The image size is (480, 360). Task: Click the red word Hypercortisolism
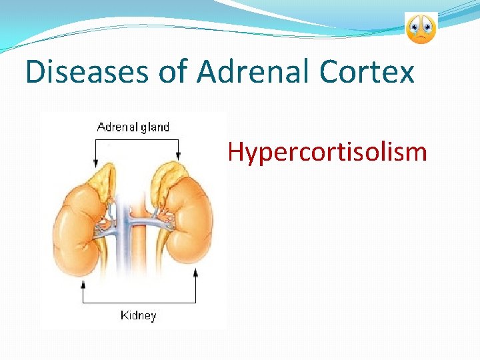pyautogui.click(x=327, y=152)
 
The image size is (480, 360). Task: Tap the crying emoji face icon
pyautogui.click(x=421, y=28)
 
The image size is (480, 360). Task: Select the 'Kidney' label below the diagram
pyautogui.click(x=138, y=315)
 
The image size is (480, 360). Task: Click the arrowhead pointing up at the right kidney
pyautogui.click(x=195, y=273)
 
